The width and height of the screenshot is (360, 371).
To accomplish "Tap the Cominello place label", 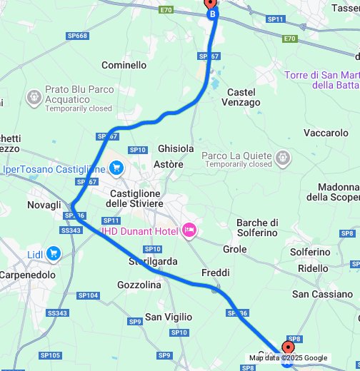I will pyautogui.click(x=124, y=65).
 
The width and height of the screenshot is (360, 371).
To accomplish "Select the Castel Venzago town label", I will pyautogui.click(x=243, y=97).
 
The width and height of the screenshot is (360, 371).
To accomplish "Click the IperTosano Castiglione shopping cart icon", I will pyautogui.click(x=117, y=169).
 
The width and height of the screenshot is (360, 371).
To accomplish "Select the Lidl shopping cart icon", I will pyautogui.click(x=54, y=253).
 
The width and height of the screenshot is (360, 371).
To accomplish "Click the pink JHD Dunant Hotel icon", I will pyautogui.click(x=189, y=229).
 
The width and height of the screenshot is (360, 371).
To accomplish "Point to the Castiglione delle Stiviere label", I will pyautogui.click(x=136, y=198).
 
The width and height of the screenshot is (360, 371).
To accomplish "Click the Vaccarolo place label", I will pyautogui.click(x=326, y=133).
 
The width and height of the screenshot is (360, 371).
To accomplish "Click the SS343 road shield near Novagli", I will pyautogui.click(x=71, y=230).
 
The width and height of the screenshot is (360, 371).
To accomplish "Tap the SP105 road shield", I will pyautogui.click(x=51, y=355).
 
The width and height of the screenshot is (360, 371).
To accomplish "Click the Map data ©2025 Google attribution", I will pyautogui.click(x=288, y=358).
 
